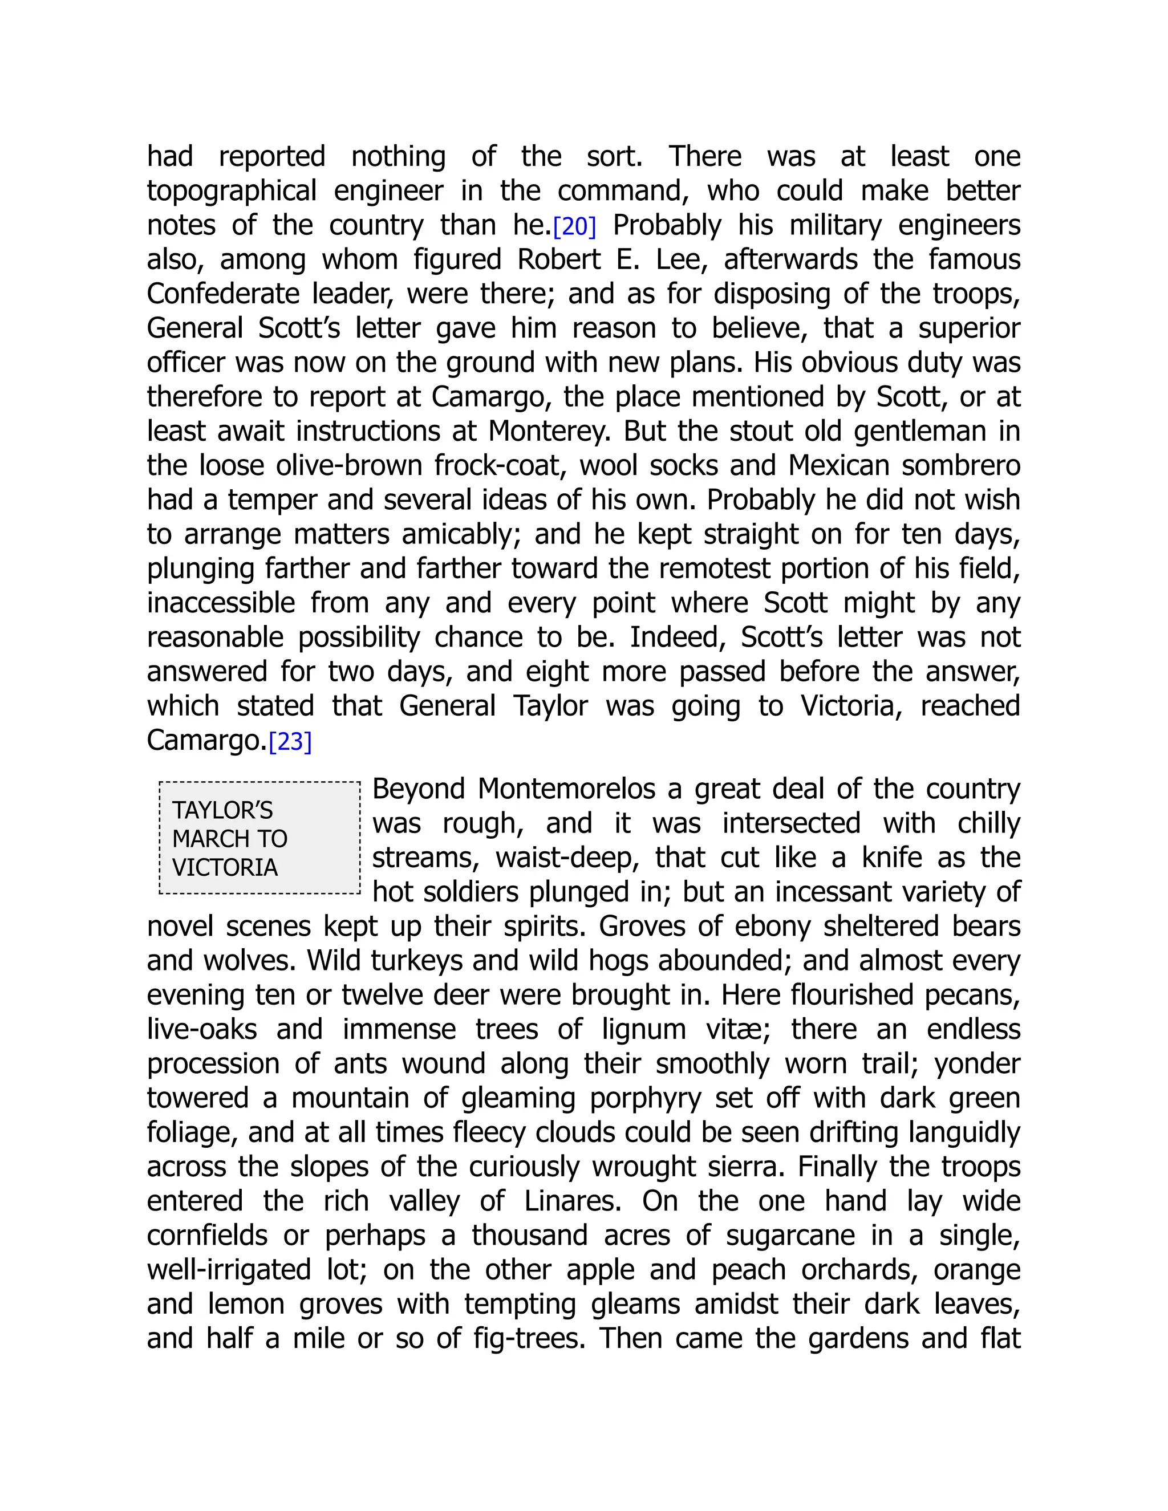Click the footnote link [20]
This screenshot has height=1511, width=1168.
pyautogui.click(x=574, y=227)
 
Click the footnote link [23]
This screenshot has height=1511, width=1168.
pyautogui.click(x=290, y=742)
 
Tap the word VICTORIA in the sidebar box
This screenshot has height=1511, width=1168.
pyautogui.click(x=225, y=867)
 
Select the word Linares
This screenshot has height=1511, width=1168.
pyautogui.click(x=573, y=1201)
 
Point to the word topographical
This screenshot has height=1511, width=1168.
pyautogui.click(x=232, y=192)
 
